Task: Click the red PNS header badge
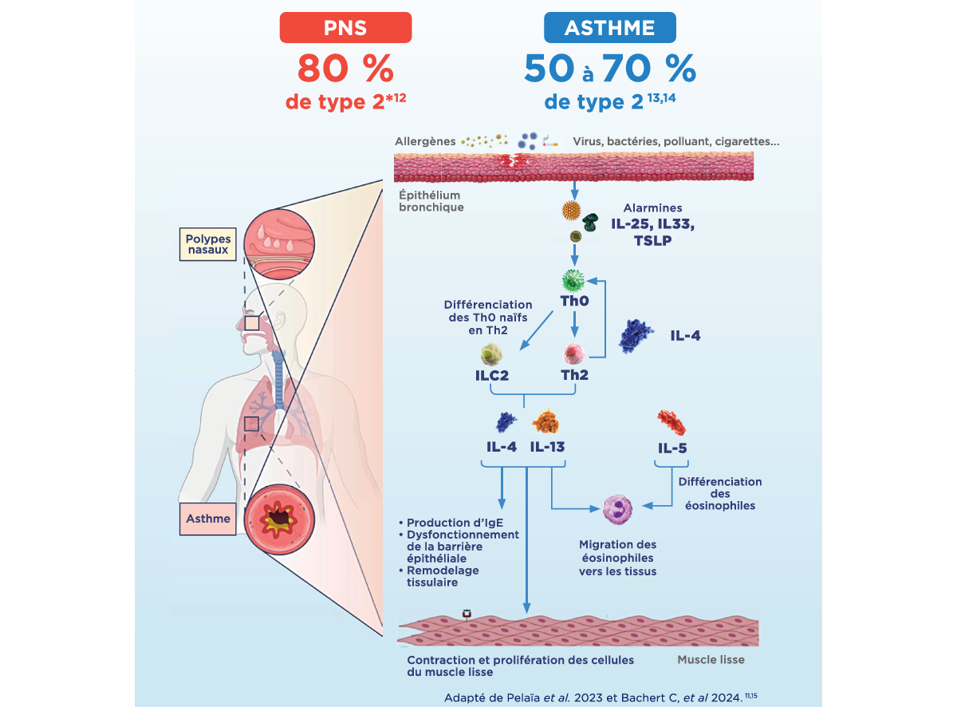pyautogui.click(x=345, y=29)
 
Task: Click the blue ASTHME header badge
pyautogui.click(x=609, y=29)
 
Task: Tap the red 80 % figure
pyautogui.click(x=345, y=69)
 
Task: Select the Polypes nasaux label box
pyautogui.click(x=207, y=243)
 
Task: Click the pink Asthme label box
pyautogui.click(x=207, y=519)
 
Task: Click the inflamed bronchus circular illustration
pyautogui.click(x=279, y=522)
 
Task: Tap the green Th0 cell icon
pyautogui.click(x=573, y=281)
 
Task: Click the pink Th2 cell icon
pyautogui.click(x=574, y=353)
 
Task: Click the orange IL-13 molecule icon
pyautogui.click(x=546, y=422)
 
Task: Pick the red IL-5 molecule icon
pyautogui.click(x=671, y=422)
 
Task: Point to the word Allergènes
pyautogui.click(x=425, y=141)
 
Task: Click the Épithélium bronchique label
pyautogui.click(x=431, y=201)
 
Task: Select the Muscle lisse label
pyautogui.click(x=711, y=660)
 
